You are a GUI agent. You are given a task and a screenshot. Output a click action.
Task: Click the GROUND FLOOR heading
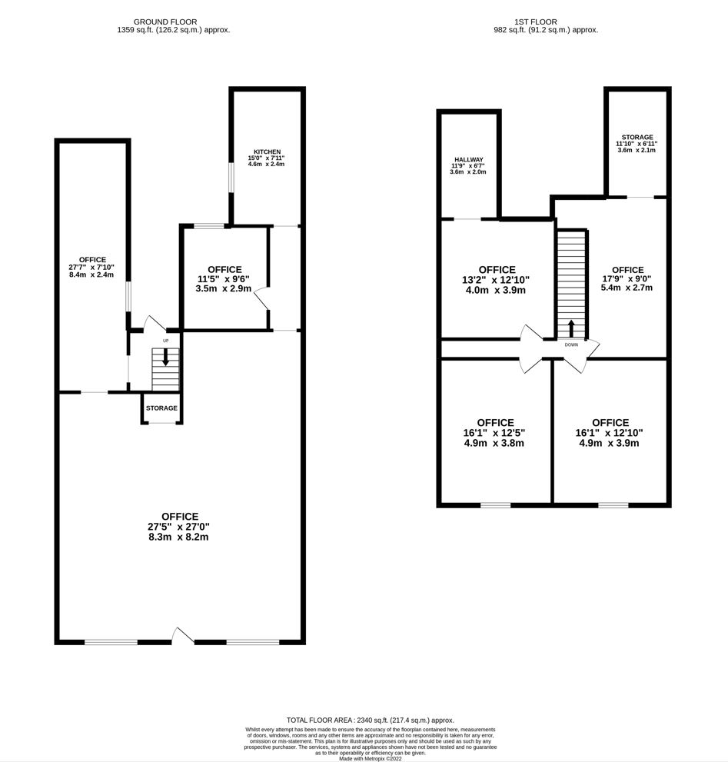point(165,22)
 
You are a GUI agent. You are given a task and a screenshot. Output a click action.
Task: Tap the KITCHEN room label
point(267,152)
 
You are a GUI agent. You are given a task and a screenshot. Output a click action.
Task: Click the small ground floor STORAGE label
point(161,408)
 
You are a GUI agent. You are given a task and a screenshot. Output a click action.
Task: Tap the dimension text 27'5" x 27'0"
point(180,527)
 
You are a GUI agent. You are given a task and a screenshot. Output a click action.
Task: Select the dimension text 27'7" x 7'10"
point(91,267)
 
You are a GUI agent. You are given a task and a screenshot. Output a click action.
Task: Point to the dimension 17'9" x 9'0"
point(626,279)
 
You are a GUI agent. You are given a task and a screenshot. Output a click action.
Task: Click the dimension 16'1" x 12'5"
point(495,433)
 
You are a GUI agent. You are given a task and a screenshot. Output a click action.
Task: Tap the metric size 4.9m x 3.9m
point(610,443)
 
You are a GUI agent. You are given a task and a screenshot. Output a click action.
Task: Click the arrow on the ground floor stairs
point(165,357)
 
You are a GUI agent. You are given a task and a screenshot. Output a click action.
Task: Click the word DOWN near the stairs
point(571,345)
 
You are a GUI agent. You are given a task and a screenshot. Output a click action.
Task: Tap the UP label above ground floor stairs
point(165,340)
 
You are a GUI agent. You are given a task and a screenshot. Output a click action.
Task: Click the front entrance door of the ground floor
point(183,635)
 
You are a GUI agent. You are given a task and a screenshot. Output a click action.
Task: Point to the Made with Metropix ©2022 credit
point(370,758)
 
